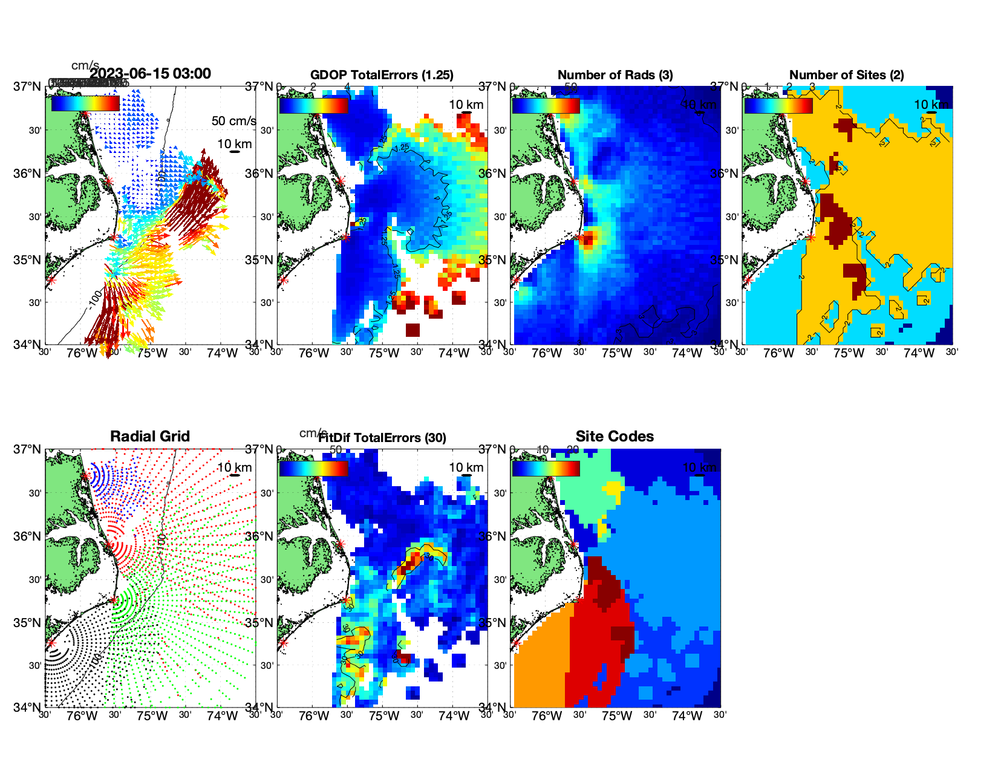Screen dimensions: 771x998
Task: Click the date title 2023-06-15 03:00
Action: click(150, 74)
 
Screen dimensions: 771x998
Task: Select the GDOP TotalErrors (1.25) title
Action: click(382, 75)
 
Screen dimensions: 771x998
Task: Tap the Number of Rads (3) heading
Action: click(615, 75)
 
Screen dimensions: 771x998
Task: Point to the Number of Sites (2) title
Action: click(846, 75)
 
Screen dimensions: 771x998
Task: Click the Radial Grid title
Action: click(150, 437)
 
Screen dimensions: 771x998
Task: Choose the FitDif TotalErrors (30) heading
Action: click(382, 438)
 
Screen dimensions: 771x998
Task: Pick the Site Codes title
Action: click(615, 437)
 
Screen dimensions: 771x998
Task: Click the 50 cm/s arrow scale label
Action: click(233, 121)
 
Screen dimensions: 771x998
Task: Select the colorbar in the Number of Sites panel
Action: click(778, 105)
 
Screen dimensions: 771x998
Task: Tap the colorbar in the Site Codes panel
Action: click(546, 469)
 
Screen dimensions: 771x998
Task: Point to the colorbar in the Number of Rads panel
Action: click(546, 105)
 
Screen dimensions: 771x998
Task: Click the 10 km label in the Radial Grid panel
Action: click(234, 467)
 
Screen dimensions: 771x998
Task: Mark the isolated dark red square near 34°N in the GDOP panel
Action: click(413, 330)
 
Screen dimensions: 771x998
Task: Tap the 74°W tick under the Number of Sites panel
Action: click(919, 353)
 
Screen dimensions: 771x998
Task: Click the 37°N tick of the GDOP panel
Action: click(260, 86)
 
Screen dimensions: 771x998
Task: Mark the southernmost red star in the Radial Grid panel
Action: click(51, 643)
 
